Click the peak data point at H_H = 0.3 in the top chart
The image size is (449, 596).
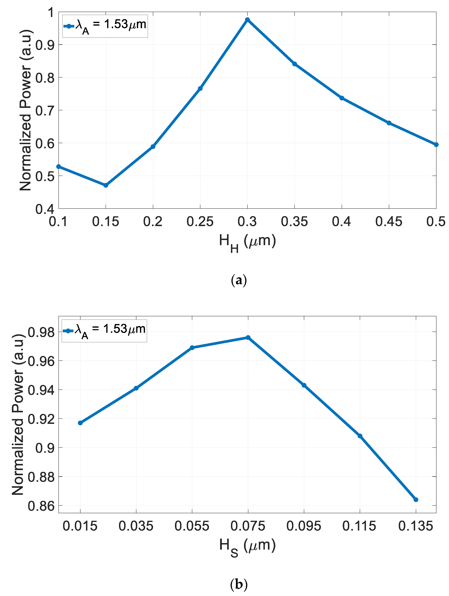coord(247,20)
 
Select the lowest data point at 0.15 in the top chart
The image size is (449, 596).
coord(106,185)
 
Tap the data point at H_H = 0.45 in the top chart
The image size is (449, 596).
coord(389,123)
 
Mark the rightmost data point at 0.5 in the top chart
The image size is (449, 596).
coord(436,145)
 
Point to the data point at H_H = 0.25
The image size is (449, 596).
coord(200,88)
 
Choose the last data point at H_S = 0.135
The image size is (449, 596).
coord(416,500)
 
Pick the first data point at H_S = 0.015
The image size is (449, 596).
coord(80,423)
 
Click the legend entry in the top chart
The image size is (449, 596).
coord(105,26)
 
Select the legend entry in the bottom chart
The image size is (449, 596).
coord(104,331)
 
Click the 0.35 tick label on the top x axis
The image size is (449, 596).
coord(294,221)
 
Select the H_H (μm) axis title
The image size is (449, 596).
coord(247,242)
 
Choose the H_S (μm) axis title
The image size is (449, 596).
coord(247,546)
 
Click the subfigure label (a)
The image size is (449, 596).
coord(239,281)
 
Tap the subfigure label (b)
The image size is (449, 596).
coord(239,584)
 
